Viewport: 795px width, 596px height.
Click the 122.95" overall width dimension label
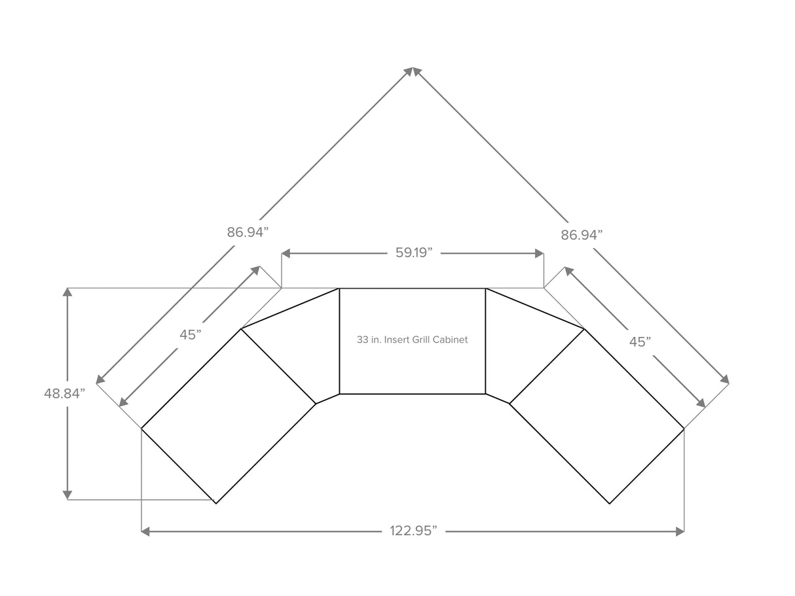(x=413, y=531)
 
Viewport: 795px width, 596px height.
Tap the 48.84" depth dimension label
(x=64, y=393)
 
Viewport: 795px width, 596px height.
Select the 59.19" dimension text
(x=414, y=253)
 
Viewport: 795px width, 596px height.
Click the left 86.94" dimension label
(x=248, y=232)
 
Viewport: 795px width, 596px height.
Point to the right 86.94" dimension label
(x=582, y=236)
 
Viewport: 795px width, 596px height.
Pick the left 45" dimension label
(x=191, y=335)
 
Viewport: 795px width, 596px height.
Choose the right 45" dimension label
(x=640, y=342)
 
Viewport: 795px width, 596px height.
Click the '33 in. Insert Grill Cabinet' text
(x=412, y=340)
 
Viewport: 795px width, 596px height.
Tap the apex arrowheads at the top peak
(x=413, y=71)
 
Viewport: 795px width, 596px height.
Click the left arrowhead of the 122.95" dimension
(x=145, y=532)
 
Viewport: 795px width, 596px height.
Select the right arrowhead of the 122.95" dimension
(x=680, y=532)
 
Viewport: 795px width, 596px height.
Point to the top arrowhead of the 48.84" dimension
(x=67, y=292)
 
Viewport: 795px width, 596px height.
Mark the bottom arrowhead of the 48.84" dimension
(x=67, y=495)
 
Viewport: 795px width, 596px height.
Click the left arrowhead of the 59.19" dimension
(x=286, y=254)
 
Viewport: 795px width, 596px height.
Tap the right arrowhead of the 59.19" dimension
(x=540, y=254)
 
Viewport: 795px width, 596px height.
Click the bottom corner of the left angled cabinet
(x=216, y=503)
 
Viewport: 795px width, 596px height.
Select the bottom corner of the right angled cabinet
(x=610, y=503)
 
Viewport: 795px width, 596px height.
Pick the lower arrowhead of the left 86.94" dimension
(x=100, y=379)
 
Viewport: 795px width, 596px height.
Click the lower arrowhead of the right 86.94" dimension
(x=725, y=379)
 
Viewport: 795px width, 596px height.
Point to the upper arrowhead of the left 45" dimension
(x=255, y=270)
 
